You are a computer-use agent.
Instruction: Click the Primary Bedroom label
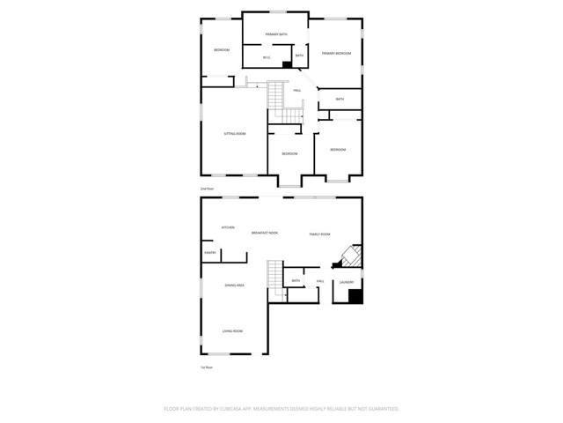click(x=336, y=54)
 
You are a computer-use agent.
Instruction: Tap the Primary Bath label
click(x=276, y=34)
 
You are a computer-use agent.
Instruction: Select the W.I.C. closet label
click(x=267, y=57)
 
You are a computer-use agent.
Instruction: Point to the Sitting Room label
click(x=234, y=133)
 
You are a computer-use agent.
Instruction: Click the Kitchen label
click(x=228, y=227)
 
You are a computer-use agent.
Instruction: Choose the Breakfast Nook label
click(x=264, y=233)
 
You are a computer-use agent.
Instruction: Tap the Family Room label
click(x=319, y=234)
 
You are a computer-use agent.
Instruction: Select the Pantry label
click(x=210, y=253)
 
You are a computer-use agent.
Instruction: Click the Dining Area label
click(x=234, y=286)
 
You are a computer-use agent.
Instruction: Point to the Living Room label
click(x=232, y=330)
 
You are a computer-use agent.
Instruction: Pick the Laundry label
click(x=347, y=283)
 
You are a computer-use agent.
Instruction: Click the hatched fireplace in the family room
click(x=347, y=257)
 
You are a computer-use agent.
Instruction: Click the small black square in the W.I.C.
click(x=286, y=63)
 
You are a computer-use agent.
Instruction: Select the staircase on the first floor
click(x=276, y=276)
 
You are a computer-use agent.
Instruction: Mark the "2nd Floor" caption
click(x=208, y=189)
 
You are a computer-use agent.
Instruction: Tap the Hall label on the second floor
click(x=297, y=90)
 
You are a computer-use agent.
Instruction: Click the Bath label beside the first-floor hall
click(x=296, y=281)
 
